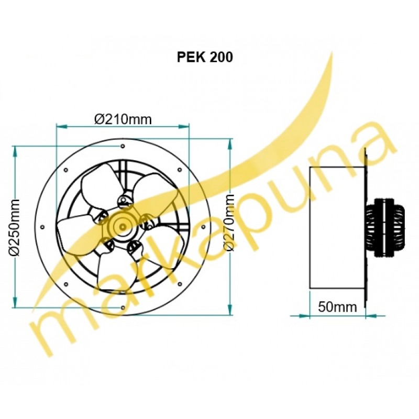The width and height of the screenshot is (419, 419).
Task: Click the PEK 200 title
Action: (x=205, y=57)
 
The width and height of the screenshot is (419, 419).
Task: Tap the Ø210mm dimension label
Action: (x=123, y=119)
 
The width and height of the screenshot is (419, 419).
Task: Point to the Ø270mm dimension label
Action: (x=229, y=223)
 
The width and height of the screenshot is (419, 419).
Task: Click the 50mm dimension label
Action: (x=337, y=307)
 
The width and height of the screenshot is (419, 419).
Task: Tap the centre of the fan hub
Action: (x=123, y=227)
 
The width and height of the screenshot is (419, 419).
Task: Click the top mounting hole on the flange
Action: (x=123, y=146)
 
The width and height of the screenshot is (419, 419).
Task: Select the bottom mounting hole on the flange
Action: (x=123, y=308)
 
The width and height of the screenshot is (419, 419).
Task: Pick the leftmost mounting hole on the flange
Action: (x=42, y=227)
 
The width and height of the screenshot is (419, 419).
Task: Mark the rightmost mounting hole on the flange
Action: (x=203, y=227)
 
